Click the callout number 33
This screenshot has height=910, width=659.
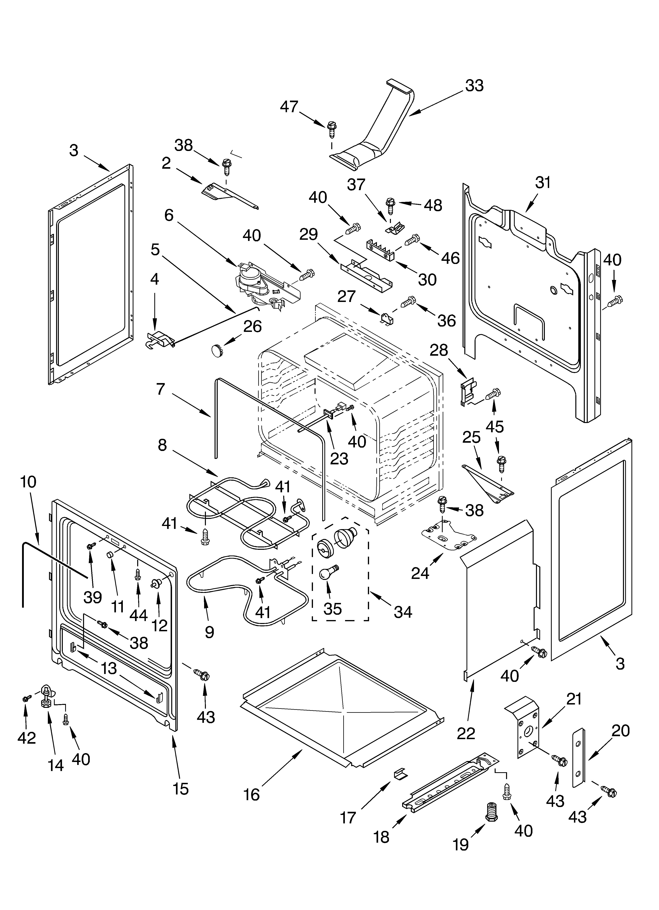(474, 86)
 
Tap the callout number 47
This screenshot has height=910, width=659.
(289, 107)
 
